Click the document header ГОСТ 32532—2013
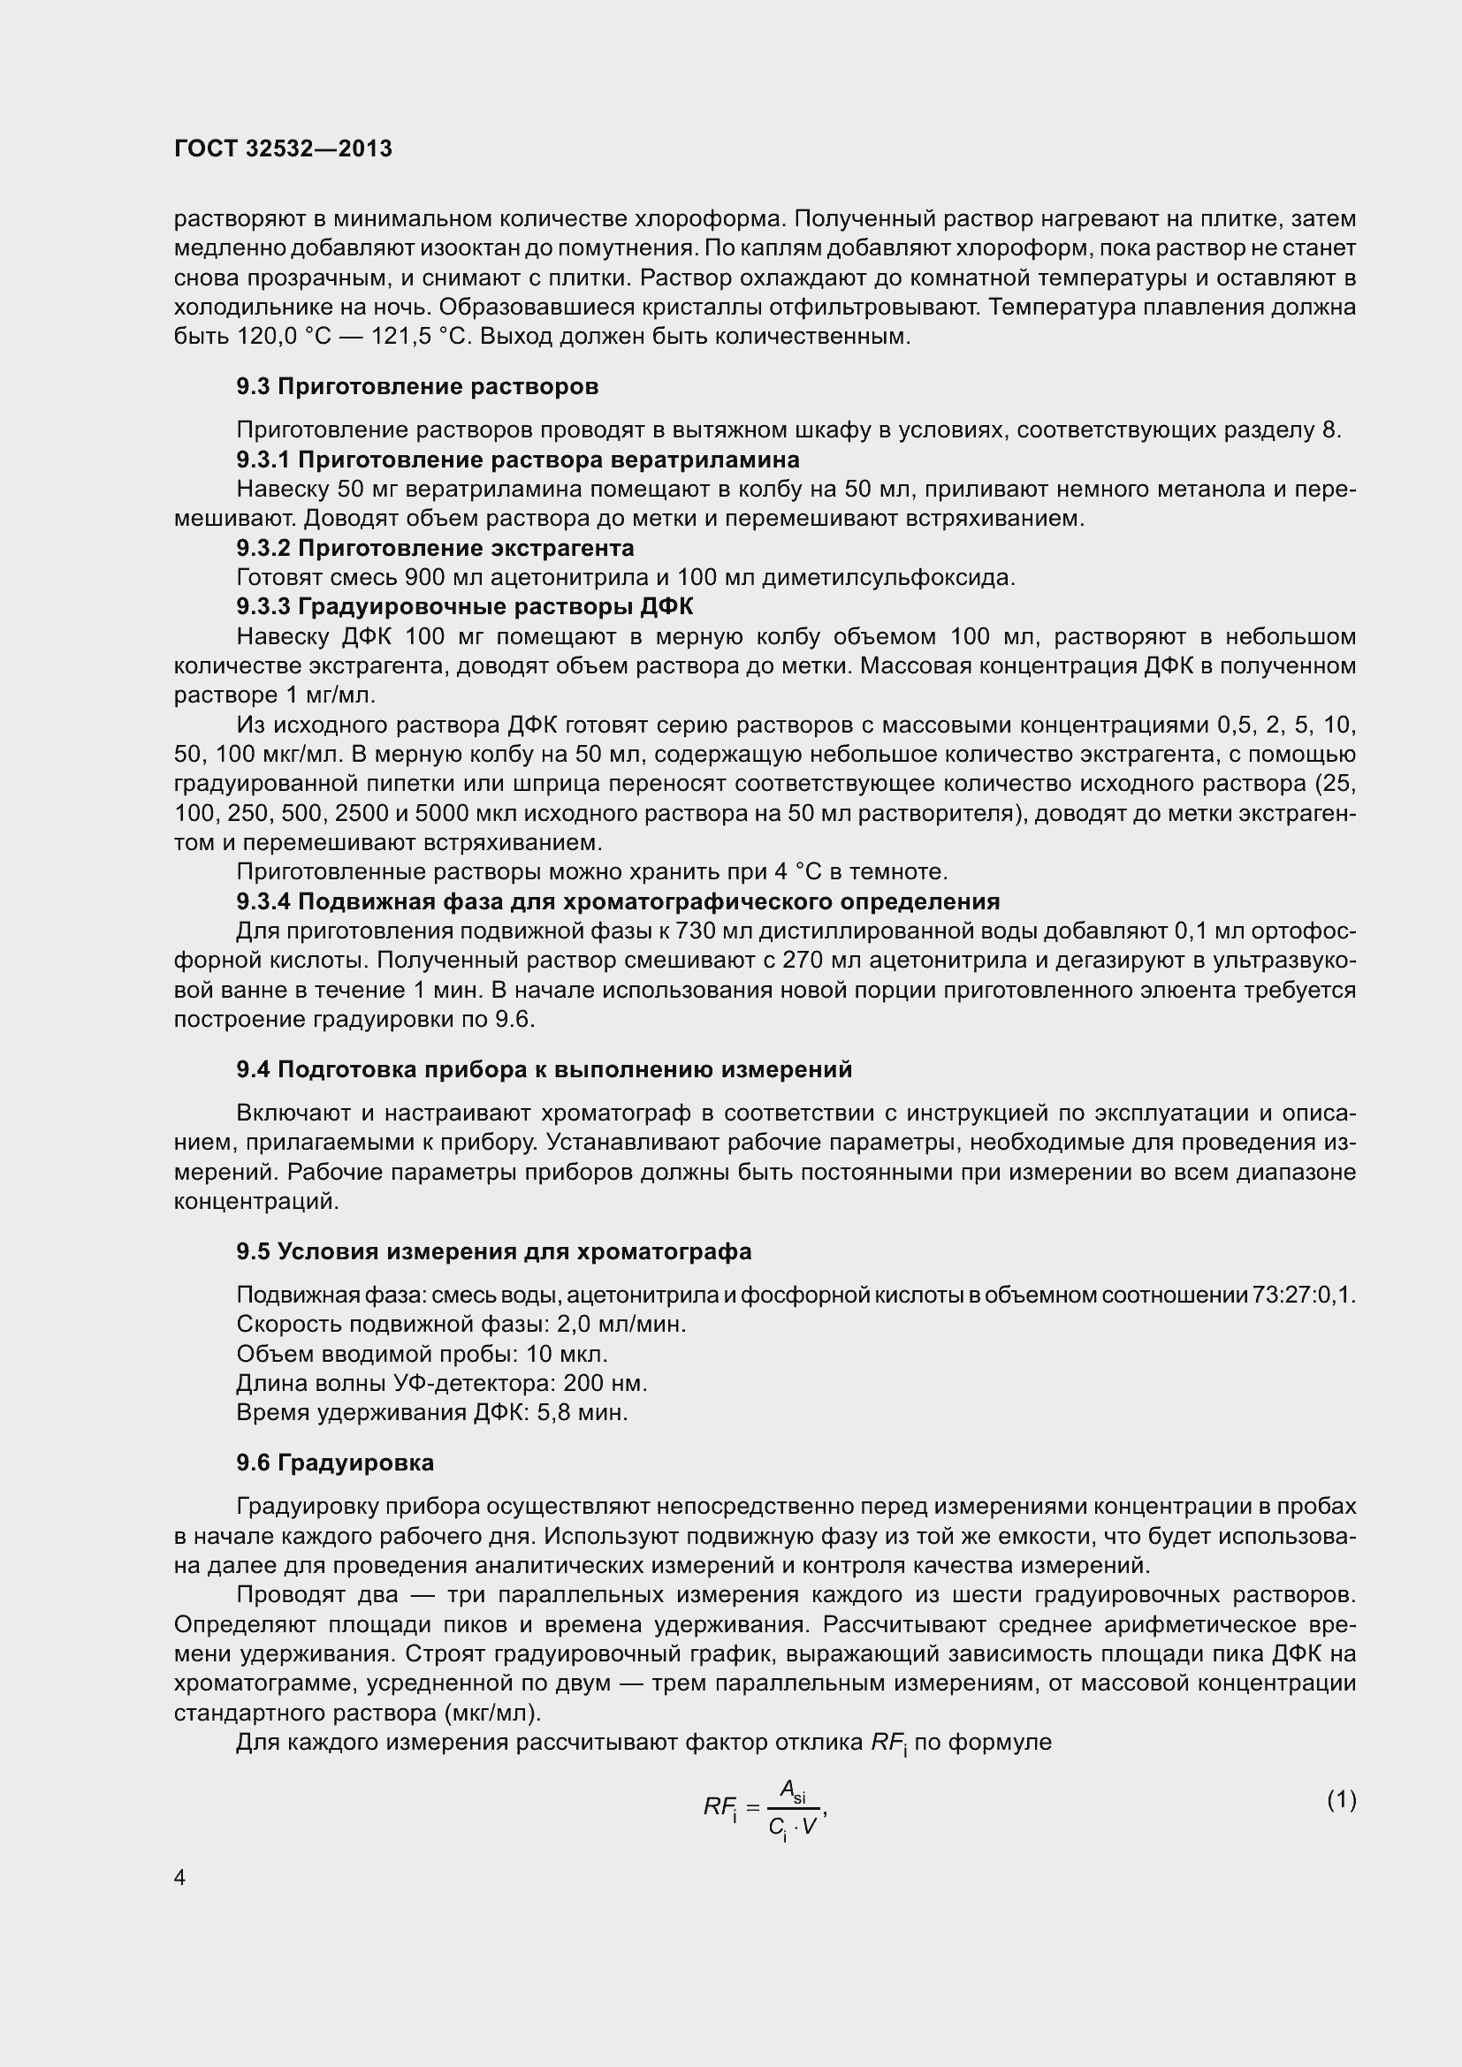click(x=283, y=148)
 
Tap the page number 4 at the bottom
click(x=180, y=1878)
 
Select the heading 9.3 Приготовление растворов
click(x=417, y=386)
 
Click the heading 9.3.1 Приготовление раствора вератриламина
click(x=518, y=460)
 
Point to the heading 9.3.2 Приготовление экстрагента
click(x=435, y=547)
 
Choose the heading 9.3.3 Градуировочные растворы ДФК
click(x=465, y=606)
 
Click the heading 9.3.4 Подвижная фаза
click(x=618, y=901)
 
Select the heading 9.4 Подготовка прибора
click(x=544, y=1068)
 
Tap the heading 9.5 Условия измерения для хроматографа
click(x=493, y=1251)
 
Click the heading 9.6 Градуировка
click(x=335, y=1462)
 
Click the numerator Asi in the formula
click(x=792, y=1790)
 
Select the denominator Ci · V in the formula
click(x=792, y=1827)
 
